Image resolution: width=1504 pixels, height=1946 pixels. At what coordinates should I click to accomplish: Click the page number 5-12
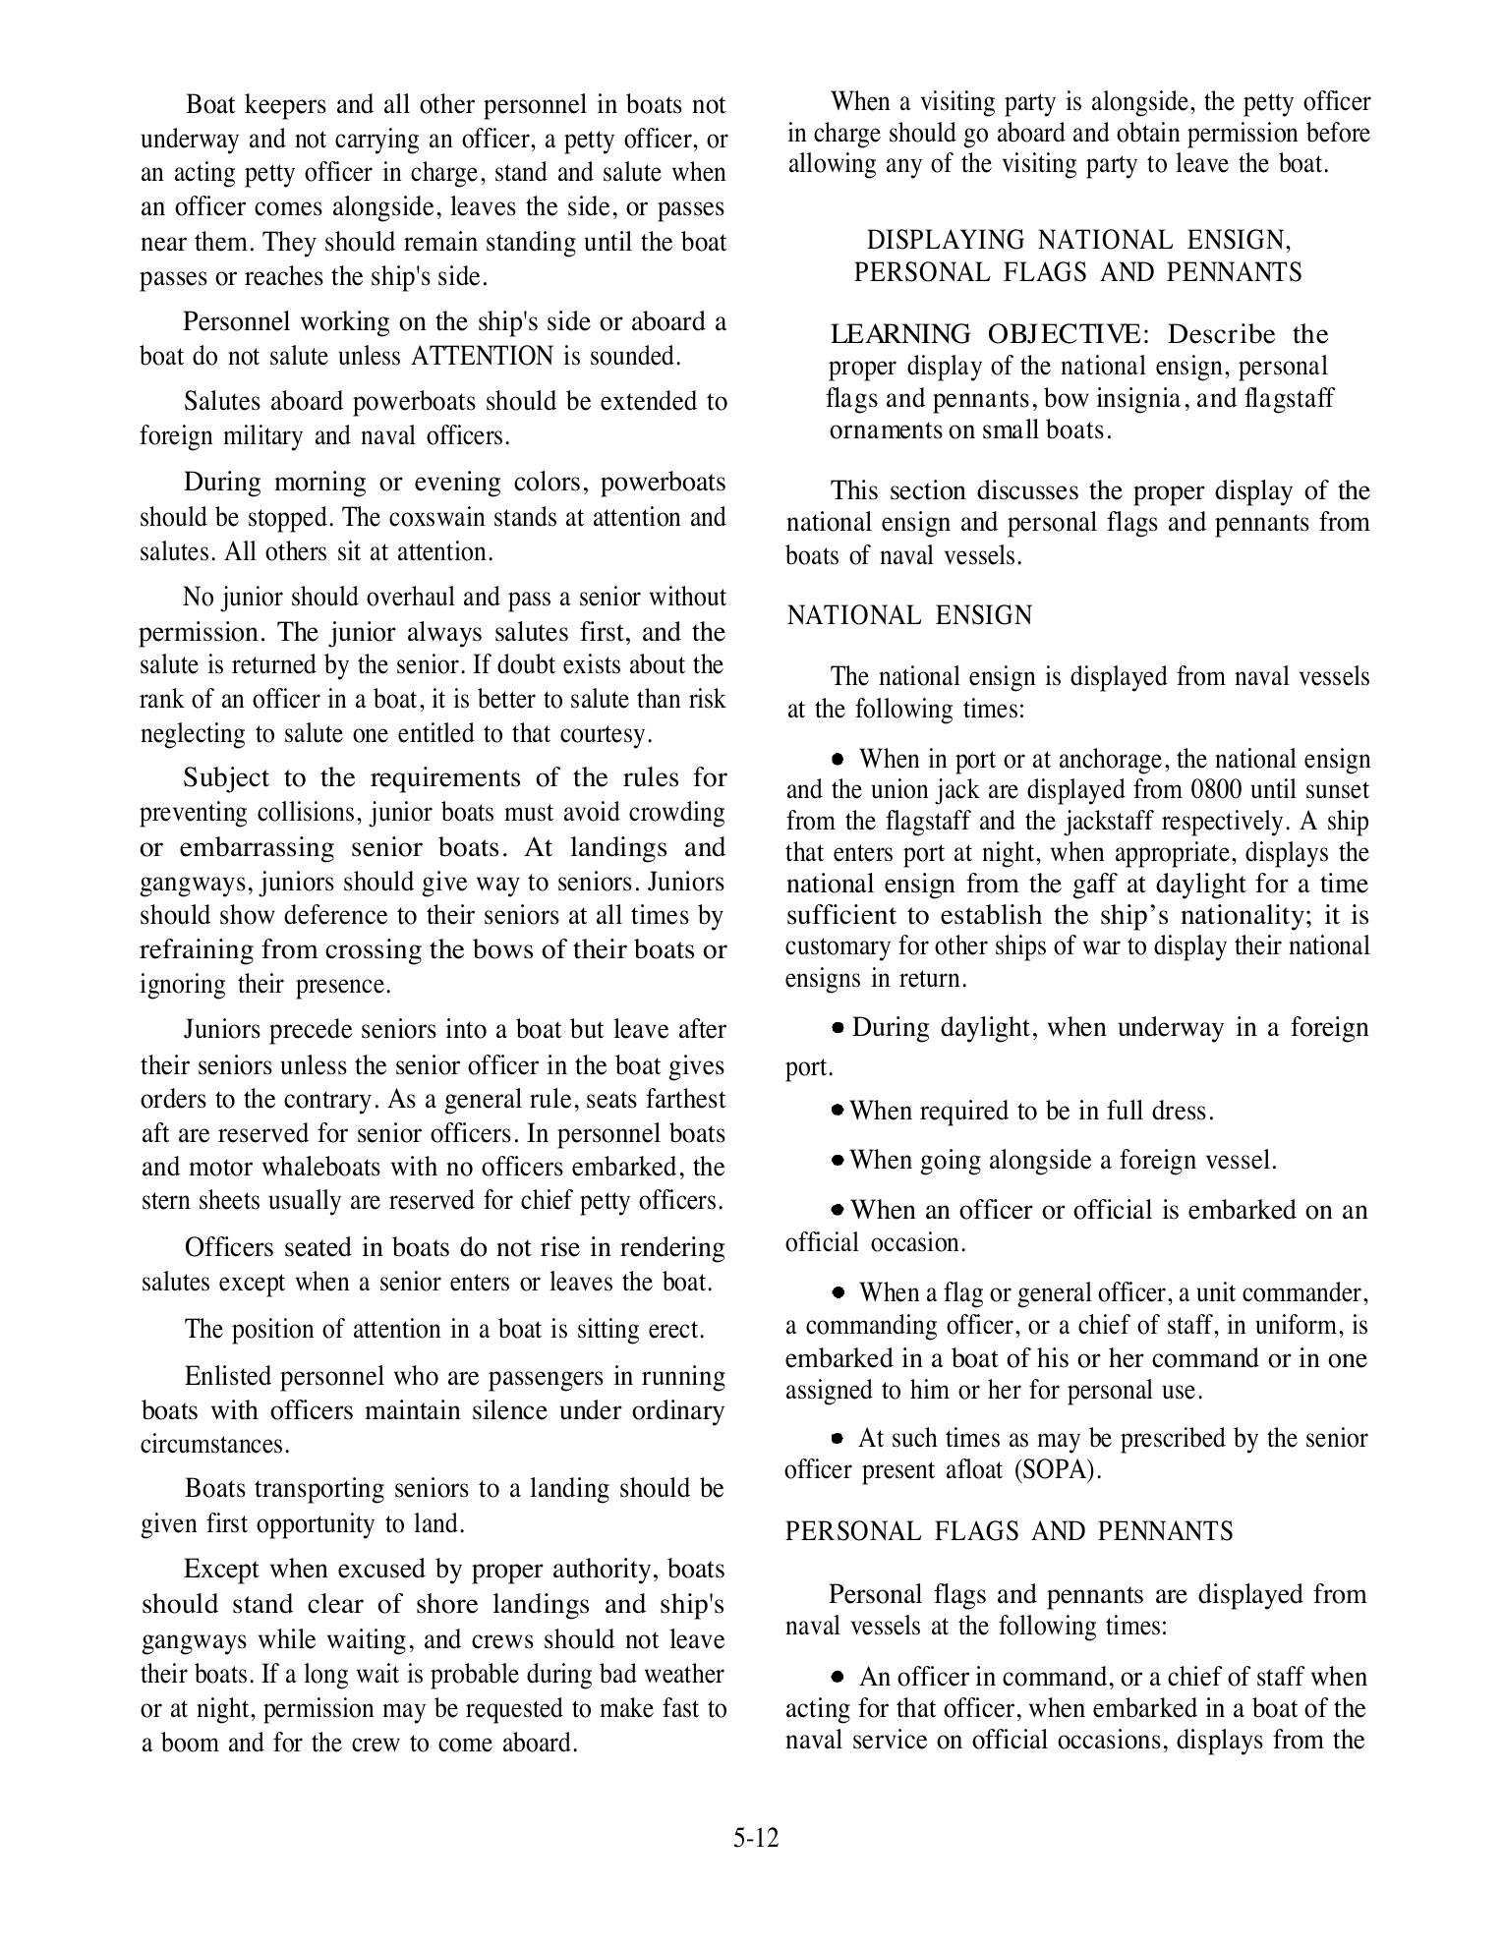[x=755, y=1837]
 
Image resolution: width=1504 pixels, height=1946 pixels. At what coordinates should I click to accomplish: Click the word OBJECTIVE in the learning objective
[x=1063, y=334]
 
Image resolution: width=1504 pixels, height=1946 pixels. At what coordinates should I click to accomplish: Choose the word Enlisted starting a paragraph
[x=229, y=1376]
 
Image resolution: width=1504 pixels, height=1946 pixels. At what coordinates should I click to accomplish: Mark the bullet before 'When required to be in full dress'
[x=838, y=1110]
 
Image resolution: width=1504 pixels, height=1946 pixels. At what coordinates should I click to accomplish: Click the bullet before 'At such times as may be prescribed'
[x=838, y=1438]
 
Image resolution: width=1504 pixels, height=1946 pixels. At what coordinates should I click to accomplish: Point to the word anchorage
[x=1112, y=759]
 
